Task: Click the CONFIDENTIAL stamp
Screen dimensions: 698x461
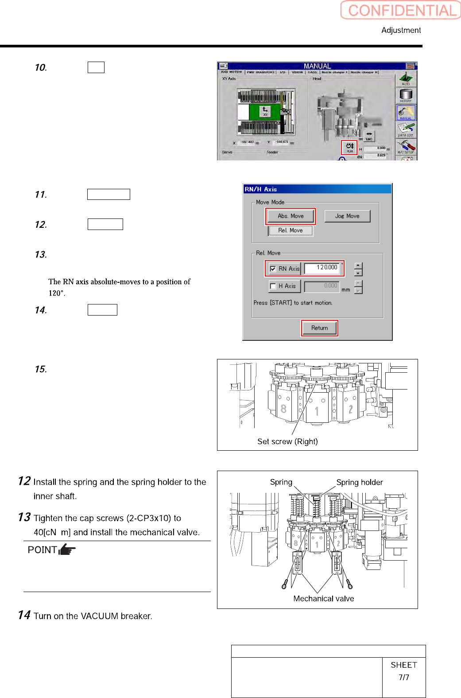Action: coord(401,10)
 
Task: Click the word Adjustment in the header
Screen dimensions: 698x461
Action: coord(401,30)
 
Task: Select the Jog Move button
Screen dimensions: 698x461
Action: coord(347,216)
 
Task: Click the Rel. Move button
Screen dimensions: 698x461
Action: coord(291,230)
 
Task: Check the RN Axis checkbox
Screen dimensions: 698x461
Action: coord(273,269)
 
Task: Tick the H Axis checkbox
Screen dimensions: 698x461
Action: coord(273,286)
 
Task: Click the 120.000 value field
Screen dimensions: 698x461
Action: coord(324,268)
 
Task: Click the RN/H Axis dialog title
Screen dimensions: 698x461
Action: coord(261,189)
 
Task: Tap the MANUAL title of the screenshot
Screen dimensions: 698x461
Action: coord(317,66)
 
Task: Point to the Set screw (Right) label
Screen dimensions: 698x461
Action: coord(287,441)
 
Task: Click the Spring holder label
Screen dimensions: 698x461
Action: coord(359,482)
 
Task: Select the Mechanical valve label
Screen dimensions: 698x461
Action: coord(323,599)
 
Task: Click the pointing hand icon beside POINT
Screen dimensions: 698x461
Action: coord(67,550)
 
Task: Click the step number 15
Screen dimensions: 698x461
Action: coord(41,369)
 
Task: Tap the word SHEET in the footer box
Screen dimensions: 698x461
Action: coord(403,665)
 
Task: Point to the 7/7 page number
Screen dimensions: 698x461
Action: coord(403,677)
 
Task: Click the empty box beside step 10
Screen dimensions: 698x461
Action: coord(96,67)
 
